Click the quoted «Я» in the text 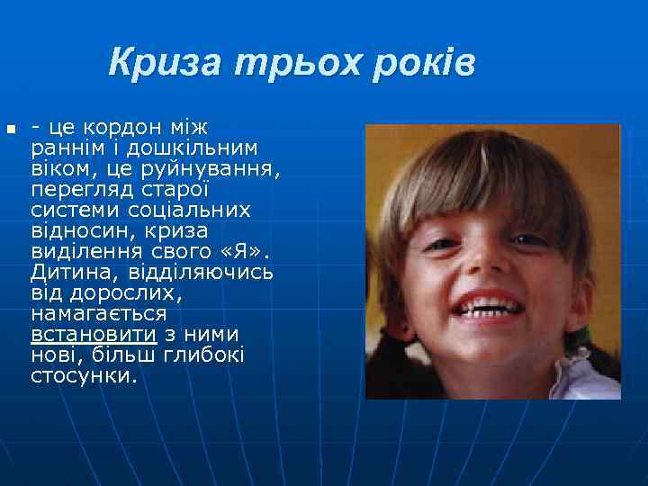[238, 251]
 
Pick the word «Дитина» [67, 272]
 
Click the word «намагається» [99, 313]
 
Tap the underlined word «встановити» [94, 334]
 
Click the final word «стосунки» [84, 375]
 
